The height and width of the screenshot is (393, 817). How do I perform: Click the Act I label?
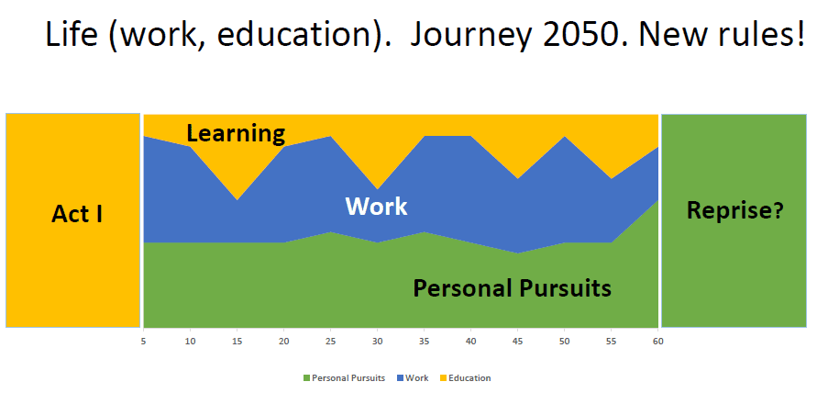pos(77,214)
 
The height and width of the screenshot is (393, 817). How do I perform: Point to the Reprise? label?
pos(735,209)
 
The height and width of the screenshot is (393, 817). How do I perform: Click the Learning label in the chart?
pos(236,134)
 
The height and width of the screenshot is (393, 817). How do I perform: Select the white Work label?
pos(376,207)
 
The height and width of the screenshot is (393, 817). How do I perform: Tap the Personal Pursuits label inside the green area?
pos(512,287)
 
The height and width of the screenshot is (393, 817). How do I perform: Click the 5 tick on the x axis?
pos(143,342)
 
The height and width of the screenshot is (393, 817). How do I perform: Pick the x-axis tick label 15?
pos(237,342)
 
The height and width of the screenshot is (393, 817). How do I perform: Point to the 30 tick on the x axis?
pos(377,342)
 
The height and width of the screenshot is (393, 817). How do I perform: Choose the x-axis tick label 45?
pos(517,342)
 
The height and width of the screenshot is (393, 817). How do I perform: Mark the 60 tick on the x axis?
pos(657,342)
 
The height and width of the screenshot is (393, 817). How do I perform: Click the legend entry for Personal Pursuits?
pos(344,378)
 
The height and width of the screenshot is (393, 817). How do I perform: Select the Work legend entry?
pos(412,378)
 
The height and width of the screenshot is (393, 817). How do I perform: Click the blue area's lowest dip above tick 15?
pos(237,200)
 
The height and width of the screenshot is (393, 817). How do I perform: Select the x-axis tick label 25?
pos(330,342)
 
